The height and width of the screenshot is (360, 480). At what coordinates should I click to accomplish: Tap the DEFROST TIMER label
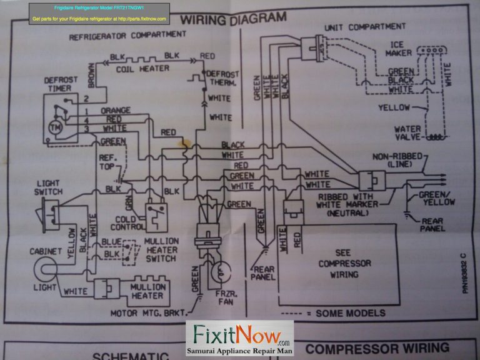[60, 84]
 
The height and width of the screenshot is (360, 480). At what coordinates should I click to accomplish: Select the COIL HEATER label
[141, 69]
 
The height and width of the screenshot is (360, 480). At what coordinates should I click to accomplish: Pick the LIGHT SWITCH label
[49, 187]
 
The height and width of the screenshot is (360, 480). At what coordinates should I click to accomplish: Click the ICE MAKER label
[398, 49]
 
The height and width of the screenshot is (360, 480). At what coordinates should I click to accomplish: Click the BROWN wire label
[91, 74]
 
